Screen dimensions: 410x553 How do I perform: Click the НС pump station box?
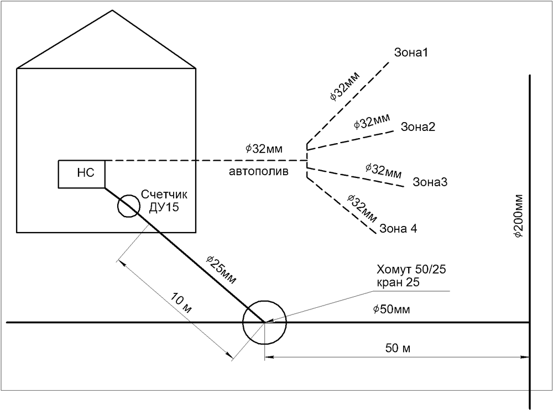point(82,174)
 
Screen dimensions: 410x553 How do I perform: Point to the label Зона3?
point(430,182)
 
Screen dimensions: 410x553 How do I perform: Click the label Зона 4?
point(398,228)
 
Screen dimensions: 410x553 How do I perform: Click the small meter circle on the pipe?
point(128,206)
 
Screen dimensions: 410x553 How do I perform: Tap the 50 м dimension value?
point(397,348)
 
